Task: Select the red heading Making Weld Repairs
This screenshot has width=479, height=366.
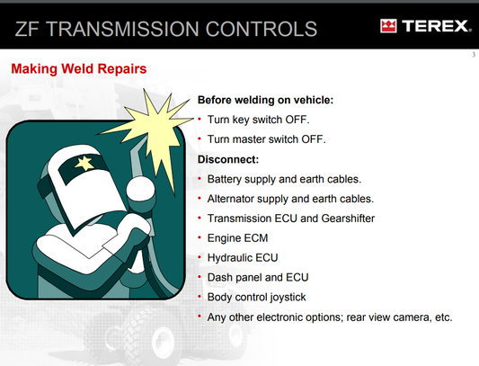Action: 78,68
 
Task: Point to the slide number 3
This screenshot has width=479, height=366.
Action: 471,56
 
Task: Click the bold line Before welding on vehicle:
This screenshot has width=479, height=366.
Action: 265,100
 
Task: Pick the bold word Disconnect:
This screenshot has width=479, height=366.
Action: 228,159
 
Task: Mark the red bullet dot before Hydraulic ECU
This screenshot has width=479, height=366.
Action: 200,258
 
